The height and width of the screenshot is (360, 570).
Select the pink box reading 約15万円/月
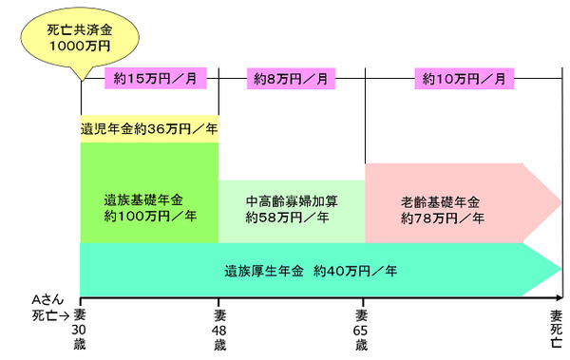coord(150,79)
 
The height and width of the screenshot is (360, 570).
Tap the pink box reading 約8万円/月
coord(292,79)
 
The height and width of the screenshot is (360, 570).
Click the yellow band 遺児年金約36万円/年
coord(149,129)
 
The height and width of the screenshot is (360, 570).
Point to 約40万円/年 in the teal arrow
coord(356,270)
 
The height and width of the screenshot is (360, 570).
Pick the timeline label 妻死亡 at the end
coord(556,328)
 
